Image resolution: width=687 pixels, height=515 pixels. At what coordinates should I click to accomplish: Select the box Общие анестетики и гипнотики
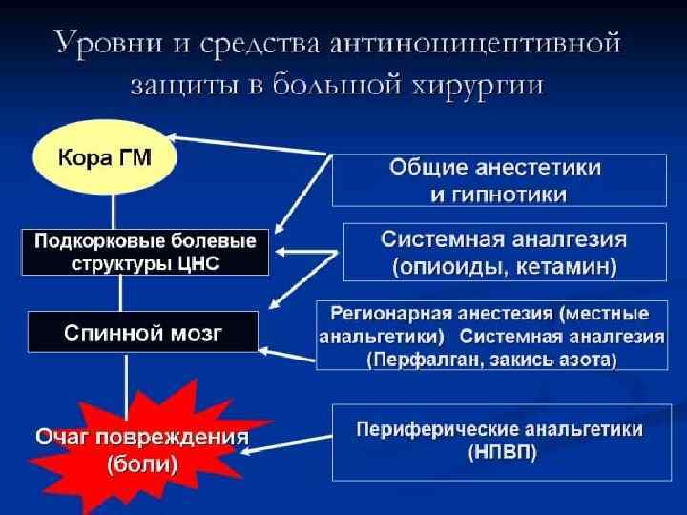pos(498,179)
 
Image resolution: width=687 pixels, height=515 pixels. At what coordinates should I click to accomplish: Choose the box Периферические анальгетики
pos(498,442)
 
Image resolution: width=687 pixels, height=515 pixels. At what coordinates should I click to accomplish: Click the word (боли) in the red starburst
pos(142,465)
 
